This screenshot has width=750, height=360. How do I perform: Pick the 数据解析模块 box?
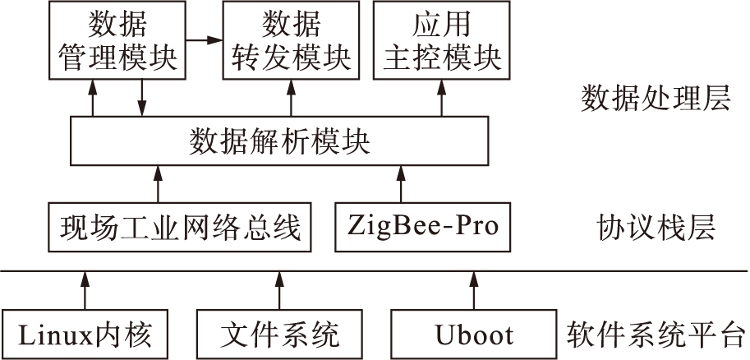coord(280,142)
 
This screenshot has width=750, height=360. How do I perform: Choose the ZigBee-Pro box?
coord(423,225)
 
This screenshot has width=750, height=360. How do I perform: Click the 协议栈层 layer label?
coord(655,225)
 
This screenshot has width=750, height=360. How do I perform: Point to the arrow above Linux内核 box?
coord(82,289)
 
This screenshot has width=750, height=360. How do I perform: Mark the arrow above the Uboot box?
coord(474,289)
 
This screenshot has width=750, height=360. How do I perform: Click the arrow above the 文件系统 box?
coord(279,289)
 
